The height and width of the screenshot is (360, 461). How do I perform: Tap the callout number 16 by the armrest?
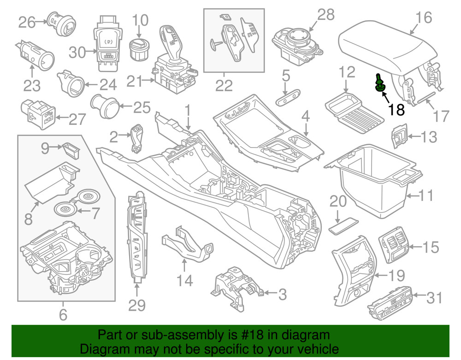pos(423,18)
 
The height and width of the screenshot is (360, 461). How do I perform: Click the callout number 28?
pos(326,15)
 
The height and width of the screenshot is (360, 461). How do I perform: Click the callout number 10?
pos(141,20)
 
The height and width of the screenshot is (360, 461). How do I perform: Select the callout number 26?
pos(27,21)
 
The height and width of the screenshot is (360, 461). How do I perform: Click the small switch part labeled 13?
pos(399,136)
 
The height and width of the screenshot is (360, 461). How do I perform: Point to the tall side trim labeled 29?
pos(137,237)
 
